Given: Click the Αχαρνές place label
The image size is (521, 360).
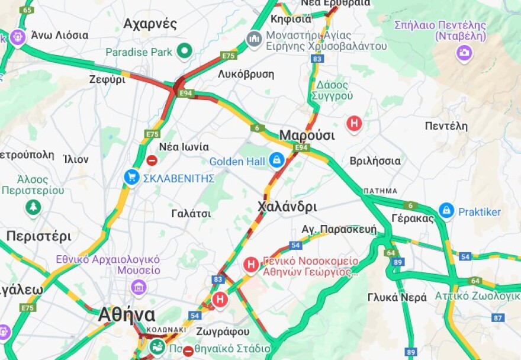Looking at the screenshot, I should click(150, 24).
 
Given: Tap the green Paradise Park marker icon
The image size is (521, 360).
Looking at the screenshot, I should click(185, 52).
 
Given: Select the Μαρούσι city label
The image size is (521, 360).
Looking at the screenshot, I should click(307, 135).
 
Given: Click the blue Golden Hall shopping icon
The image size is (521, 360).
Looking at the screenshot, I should click(276, 160).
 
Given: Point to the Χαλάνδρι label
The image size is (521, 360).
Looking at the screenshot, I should click(287, 207).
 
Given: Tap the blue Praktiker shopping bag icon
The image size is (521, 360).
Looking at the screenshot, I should click(446, 211).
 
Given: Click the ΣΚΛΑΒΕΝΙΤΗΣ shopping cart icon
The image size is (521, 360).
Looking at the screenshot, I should click(131, 177).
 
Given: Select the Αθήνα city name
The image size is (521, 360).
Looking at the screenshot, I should click(127, 314).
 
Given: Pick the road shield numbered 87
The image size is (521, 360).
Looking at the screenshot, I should click(498, 318).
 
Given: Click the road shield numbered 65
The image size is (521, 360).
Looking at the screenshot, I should click(27, 10).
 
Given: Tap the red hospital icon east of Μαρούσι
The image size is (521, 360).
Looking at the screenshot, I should click(354, 124).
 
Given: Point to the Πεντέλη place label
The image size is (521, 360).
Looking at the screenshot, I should click(446, 126).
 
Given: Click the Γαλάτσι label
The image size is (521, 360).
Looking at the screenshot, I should click(191, 213).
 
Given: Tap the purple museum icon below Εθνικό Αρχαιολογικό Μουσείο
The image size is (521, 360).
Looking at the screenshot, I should click(139, 288).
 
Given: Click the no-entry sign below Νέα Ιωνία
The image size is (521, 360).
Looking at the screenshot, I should click(152, 160).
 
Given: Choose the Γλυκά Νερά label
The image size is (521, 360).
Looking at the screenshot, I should click(397, 297).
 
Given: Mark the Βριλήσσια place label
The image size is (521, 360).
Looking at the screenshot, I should click(375, 161).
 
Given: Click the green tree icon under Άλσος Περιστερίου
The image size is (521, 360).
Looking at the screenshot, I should click(33, 207).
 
